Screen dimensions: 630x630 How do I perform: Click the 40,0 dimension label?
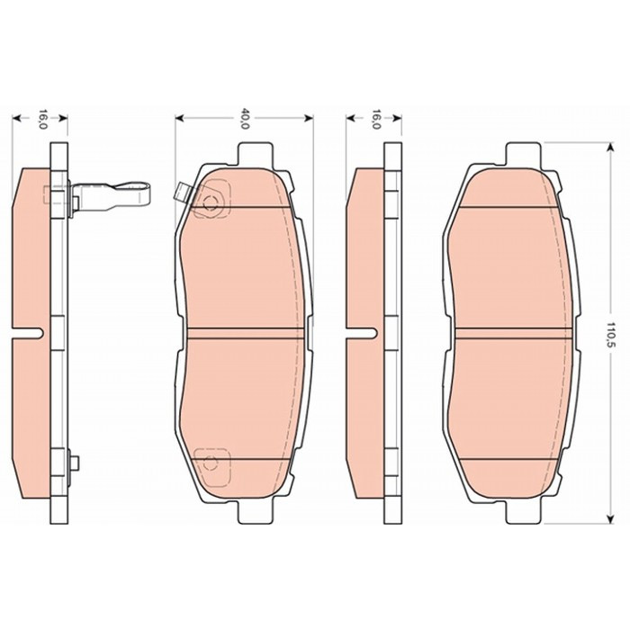244,118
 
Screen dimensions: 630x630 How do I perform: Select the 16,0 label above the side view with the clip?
42,119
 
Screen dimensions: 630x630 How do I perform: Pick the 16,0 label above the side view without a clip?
375,119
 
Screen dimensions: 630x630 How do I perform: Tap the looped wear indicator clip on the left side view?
111,197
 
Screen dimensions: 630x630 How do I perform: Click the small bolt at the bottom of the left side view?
74,463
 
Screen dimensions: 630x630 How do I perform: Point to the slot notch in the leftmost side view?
27,333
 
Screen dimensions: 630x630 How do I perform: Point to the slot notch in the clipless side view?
361,333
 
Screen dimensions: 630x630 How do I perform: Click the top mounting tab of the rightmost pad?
522,154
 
